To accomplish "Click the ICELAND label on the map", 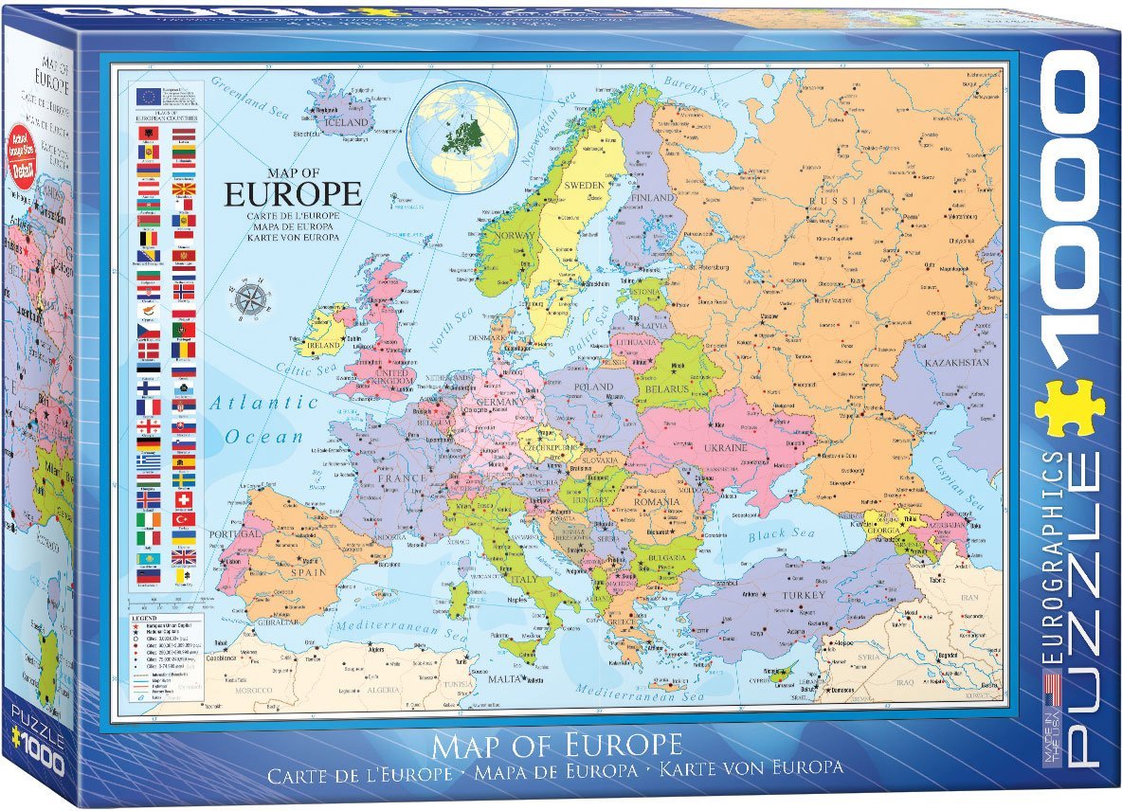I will pyautogui.click(x=346, y=122).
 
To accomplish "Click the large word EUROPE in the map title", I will pyautogui.click(x=293, y=194).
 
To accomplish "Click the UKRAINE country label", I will pyautogui.click(x=725, y=447).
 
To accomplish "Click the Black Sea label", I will pyautogui.click(x=781, y=535).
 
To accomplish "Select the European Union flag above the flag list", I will pyautogui.click(x=147, y=96).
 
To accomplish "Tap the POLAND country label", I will pyautogui.click(x=594, y=387).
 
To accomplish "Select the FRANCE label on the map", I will pyautogui.click(x=402, y=478).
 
